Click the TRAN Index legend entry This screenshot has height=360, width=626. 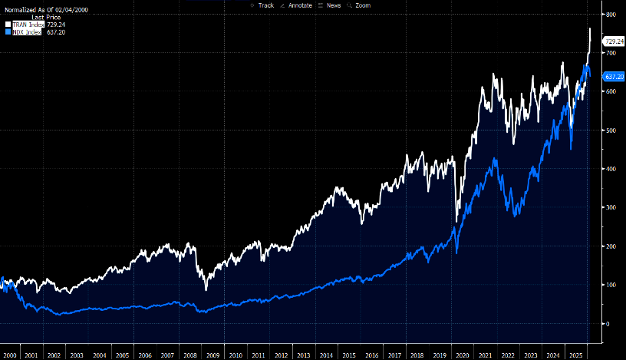click(x=28, y=25)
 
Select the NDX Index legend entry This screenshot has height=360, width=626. click(x=28, y=33)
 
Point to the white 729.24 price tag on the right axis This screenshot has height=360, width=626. click(x=614, y=40)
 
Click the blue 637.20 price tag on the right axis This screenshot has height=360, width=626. click(x=614, y=77)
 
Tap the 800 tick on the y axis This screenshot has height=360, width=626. click(x=611, y=15)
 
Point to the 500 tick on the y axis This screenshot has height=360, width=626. click(x=611, y=130)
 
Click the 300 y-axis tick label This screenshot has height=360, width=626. click(x=611, y=208)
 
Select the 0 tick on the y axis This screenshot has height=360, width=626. click(x=608, y=324)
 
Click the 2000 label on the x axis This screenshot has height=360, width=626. click(x=11, y=355)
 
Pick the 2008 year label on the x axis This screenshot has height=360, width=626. click(x=190, y=355)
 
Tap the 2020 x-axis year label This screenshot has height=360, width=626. click(x=463, y=355)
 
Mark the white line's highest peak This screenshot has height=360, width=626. click(x=590, y=28)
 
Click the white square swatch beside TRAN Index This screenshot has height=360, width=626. click(x=8, y=25)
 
